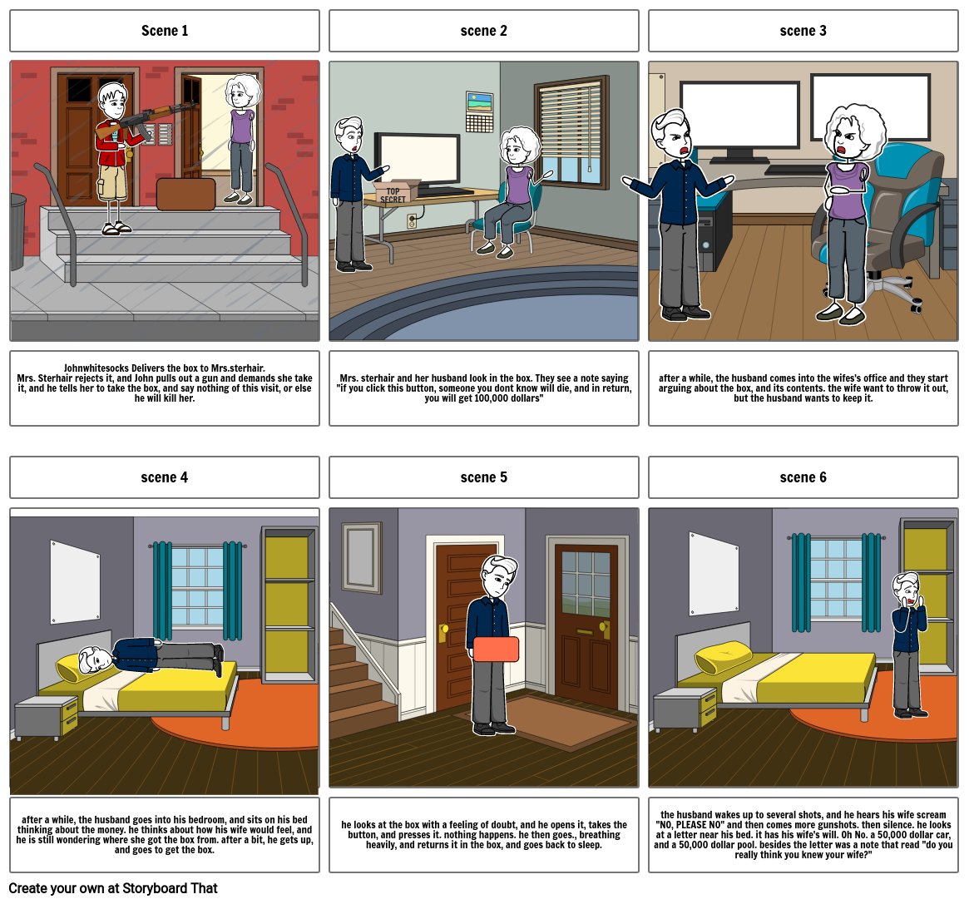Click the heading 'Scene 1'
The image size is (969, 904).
(165, 31)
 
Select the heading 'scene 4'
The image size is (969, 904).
(165, 477)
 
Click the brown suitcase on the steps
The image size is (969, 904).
(185, 194)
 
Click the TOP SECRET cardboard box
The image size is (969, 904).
(394, 193)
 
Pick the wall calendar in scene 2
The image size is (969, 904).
(479, 112)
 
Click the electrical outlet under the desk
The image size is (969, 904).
(411, 220)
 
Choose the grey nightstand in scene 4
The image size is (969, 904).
(47, 717)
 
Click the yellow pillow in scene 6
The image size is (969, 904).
(720, 659)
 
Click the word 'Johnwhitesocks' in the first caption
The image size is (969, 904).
(96, 368)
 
